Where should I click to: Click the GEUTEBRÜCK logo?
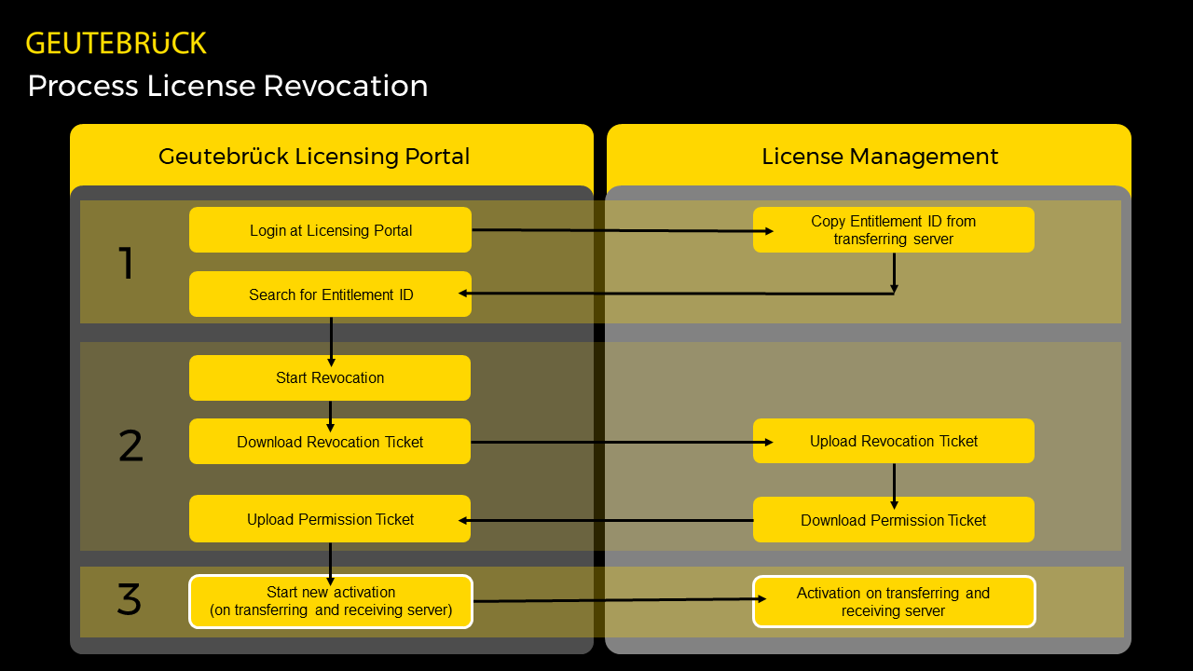click(117, 43)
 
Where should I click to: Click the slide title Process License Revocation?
click(227, 86)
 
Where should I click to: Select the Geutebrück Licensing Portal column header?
click(314, 156)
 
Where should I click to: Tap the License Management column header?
click(880, 156)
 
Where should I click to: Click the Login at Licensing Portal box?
click(330, 230)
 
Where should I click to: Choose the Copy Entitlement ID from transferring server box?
click(893, 230)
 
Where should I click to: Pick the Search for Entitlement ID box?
click(330, 294)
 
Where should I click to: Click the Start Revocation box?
click(330, 377)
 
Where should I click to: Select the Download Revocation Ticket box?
click(330, 442)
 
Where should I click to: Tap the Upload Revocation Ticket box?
click(893, 441)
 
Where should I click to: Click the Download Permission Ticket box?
click(893, 520)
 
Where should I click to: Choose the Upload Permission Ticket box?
click(330, 519)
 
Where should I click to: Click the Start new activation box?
click(331, 601)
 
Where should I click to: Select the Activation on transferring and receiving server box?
click(893, 601)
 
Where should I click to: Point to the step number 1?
click(127, 264)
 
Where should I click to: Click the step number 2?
click(130, 446)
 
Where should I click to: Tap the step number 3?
click(130, 599)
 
